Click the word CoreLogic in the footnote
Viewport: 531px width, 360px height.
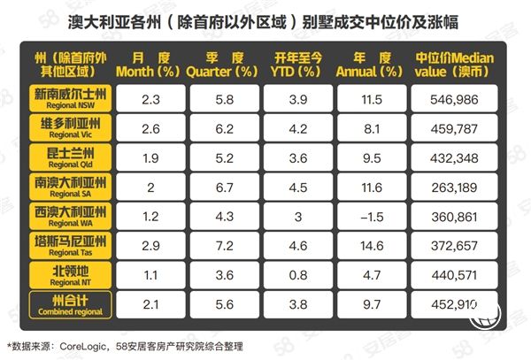pos(86,342)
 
